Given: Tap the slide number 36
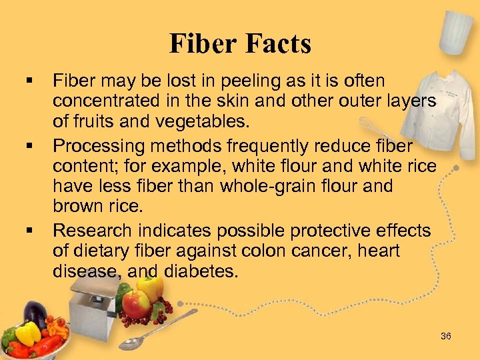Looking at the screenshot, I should (x=446, y=336).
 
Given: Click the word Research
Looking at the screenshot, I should (x=93, y=231).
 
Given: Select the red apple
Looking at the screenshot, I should (x=137, y=304).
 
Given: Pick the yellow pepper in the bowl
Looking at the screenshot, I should (x=29, y=333).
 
